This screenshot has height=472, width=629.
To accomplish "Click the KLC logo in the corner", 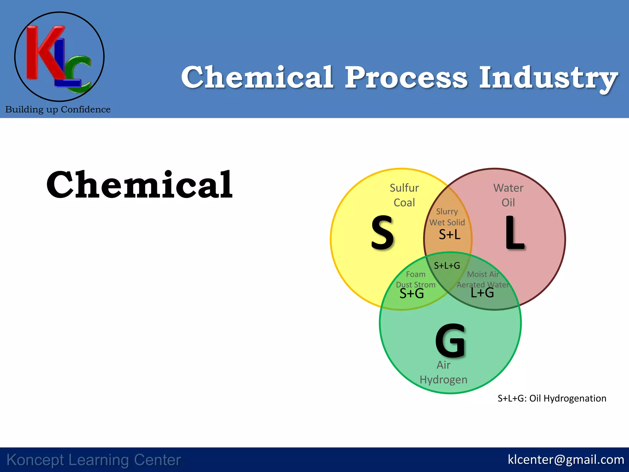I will tap(59, 57).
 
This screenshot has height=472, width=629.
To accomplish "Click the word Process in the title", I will tap(406, 77).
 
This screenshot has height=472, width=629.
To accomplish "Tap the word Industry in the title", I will tap(549, 78).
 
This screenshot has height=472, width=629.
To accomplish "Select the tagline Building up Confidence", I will tap(58, 109).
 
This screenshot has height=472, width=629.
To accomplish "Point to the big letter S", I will tap(382, 233).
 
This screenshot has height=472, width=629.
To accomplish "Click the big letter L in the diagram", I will tap(514, 233).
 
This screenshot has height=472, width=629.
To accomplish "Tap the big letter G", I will tap(450, 341).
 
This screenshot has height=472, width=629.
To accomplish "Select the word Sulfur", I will tap(404, 188).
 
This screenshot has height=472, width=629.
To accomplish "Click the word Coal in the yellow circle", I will tap(404, 203).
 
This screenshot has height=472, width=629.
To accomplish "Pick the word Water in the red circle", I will tap(508, 188).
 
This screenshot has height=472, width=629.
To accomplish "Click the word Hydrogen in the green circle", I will tap(443, 380).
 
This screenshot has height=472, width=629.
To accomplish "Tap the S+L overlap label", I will tap(449, 235).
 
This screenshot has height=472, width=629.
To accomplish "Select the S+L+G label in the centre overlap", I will tap(447, 265).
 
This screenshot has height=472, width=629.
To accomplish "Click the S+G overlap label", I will tap(412, 294).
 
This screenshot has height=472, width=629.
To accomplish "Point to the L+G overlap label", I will tap(482, 293).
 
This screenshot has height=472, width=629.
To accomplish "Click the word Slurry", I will tap(447, 211).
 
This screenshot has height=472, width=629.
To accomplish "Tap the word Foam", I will tap(416, 274).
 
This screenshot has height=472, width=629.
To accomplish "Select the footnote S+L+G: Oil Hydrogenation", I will tap(552, 399).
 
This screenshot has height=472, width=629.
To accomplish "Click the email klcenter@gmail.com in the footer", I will tap(566, 460).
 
